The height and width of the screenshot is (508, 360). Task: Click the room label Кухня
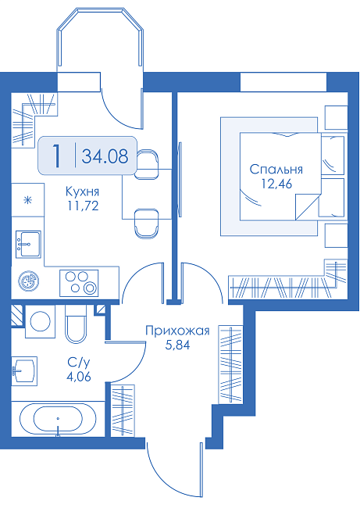click(x=82, y=191)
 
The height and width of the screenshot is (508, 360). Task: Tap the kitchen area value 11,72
click(x=83, y=206)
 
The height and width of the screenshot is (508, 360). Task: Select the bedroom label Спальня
click(x=276, y=170)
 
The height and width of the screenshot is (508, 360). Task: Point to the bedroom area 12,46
click(x=276, y=184)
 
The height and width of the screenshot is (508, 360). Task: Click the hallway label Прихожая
click(x=177, y=331)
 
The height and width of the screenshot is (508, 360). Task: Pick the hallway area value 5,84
click(x=177, y=345)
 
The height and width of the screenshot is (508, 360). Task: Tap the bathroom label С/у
click(x=78, y=363)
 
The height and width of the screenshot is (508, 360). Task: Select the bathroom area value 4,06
click(x=78, y=377)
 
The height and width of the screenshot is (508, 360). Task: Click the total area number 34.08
click(x=105, y=156)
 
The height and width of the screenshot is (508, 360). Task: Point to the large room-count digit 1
click(x=57, y=156)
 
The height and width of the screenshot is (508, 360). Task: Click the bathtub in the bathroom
click(x=58, y=419)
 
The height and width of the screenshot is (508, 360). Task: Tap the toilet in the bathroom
click(x=76, y=324)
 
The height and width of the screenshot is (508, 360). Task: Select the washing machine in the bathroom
click(x=40, y=321)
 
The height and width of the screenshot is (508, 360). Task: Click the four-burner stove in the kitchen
click(x=79, y=283)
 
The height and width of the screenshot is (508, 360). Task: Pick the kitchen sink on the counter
click(x=28, y=245)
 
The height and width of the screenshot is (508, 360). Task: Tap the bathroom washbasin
click(x=24, y=371)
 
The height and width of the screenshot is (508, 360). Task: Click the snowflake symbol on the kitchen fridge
click(x=28, y=200)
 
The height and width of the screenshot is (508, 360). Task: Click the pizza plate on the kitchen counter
click(x=29, y=281)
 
